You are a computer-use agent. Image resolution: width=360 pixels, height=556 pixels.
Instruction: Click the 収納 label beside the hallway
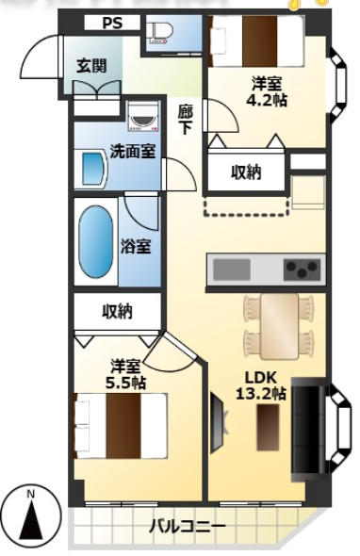tap(246, 172)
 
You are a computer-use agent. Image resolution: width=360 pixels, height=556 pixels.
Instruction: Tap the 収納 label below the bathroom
tap(117, 310)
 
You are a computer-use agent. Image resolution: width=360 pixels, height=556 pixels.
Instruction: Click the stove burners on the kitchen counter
tap(302, 270)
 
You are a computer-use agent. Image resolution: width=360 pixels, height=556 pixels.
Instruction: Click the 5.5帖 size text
tap(125, 382)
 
